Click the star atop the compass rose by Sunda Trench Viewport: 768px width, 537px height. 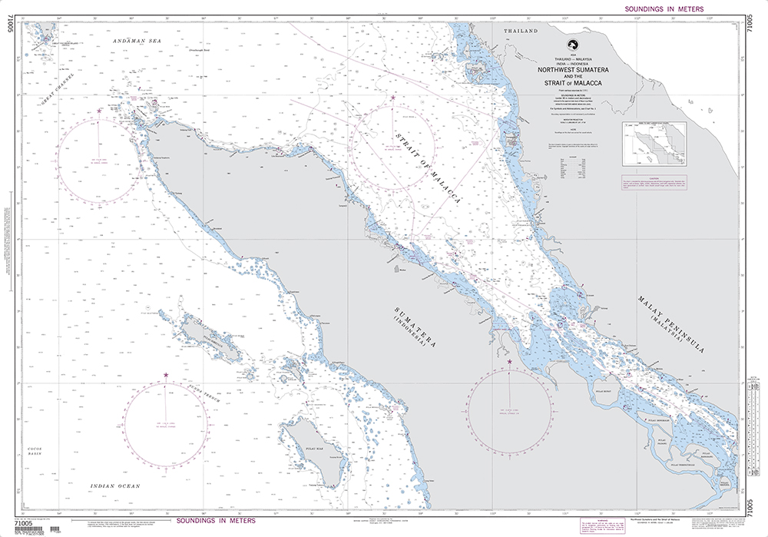[x=166, y=375]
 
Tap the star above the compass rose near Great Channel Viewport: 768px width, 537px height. [x=99, y=111]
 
